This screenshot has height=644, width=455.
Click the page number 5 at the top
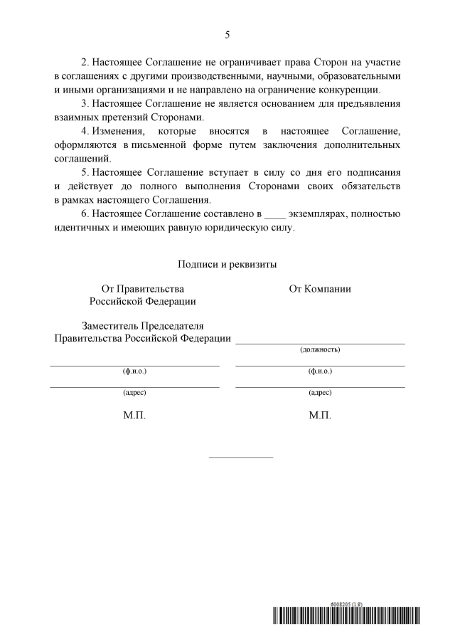tap(227, 34)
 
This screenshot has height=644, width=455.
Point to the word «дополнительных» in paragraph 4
tap(363, 144)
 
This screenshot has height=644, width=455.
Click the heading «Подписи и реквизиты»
tap(227, 264)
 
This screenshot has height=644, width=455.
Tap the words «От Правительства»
tap(142, 288)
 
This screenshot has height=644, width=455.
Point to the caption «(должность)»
tap(320, 350)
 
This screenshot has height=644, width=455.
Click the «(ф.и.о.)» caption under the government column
tap(135, 371)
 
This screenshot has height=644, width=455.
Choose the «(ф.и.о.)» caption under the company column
tap(320, 371)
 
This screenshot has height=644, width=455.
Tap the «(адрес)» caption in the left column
tap(135, 392)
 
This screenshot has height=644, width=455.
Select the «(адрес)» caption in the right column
tap(320, 392)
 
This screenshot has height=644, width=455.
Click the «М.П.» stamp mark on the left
tap(135, 415)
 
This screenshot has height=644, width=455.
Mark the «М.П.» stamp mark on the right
tap(320, 415)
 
